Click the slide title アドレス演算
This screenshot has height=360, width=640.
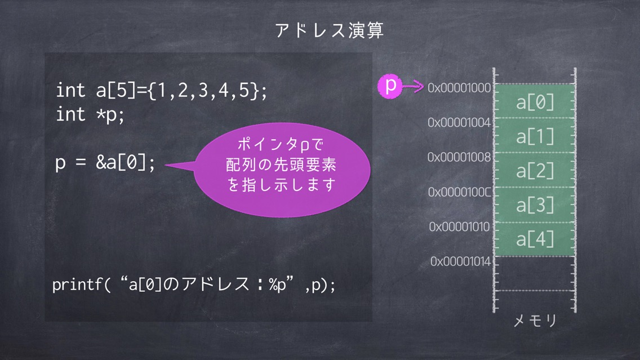pyautogui.click(x=330, y=30)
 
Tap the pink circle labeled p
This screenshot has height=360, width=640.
pyautogui.click(x=390, y=86)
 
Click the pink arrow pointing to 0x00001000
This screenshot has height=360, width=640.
pyautogui.click(x=413, y=86)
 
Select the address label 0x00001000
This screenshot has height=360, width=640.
pyautogui.click(x=459, y=88)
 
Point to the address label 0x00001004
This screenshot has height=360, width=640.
pyautogui.click(x=459, y=122)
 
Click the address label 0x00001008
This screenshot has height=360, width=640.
pyautogui.click(x=459, y=157)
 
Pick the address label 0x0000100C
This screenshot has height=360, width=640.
pyautogui.click(x=460, y=192)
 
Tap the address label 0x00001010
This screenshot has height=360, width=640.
pyautogui.click(x=460, y=226)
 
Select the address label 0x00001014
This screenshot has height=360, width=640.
pyautogui.click(x=460, y=261)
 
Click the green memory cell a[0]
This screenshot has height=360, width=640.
pyautogui.click(x=535, y=101)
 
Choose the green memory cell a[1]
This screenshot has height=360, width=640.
pyautogui.click(x=535, y=136)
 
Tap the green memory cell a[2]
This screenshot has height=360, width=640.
pyautogui.click(x=535, y=170)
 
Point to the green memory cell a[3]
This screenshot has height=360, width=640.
pyautogui.click(x=535, y=205)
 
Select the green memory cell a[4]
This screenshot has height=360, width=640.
pyautogui.click(x=535, y=239)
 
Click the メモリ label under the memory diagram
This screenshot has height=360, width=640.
pyautogui.click(x=535, y=321)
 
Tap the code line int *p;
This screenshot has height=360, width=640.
pyautogui.click(x=90, y=114)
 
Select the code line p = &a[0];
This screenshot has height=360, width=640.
pyautogui.click(x=105, y=163)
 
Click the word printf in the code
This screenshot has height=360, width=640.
pyautogui.click(x=77, y=285)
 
